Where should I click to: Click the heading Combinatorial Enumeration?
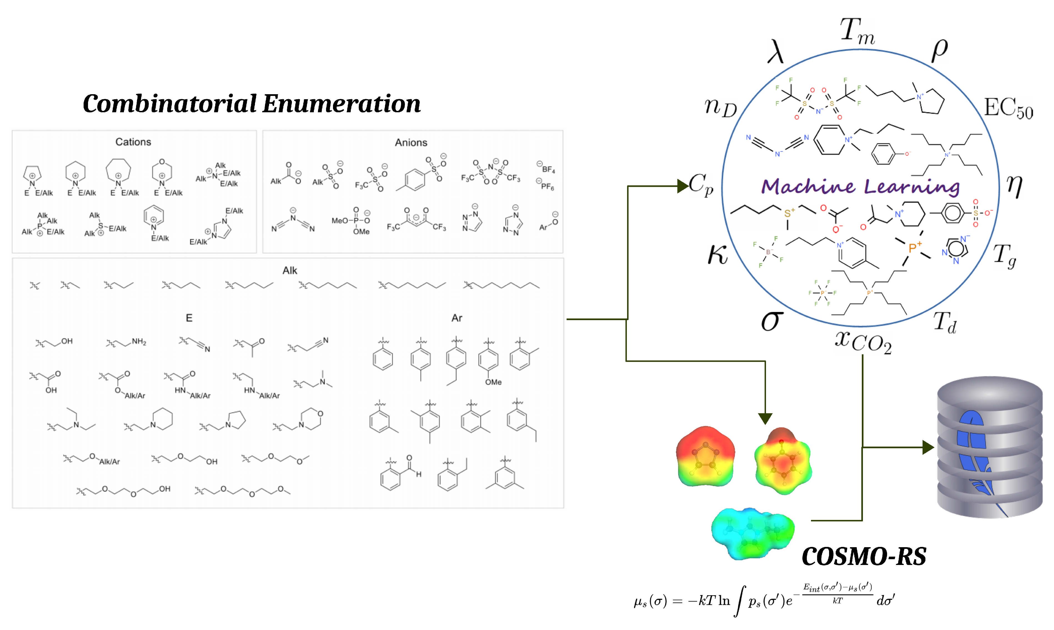tap(252, 104)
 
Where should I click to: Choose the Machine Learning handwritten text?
tap(860, 187)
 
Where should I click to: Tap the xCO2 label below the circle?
tap(863, 342)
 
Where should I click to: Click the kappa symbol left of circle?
tap(718, 255)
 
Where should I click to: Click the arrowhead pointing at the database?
tap(928, 447)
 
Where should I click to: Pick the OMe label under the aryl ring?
tap(493, 382)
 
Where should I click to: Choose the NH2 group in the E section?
tap(139, 341)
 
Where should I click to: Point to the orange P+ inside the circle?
tap(915, 247)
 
